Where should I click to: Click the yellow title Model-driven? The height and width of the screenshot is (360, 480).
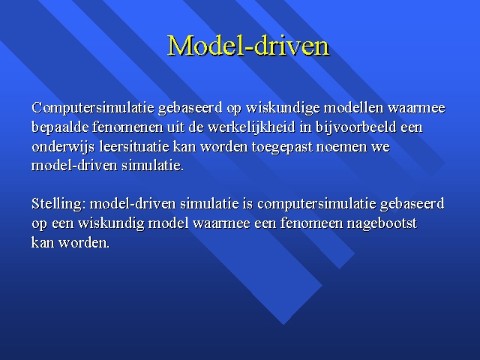(x=248, y=46)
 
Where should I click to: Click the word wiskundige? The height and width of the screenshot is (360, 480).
(x=283, y=108)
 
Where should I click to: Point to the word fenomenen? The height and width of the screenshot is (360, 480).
(x=127, y=127)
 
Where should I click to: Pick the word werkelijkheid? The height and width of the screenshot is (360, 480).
(x=251, y=127)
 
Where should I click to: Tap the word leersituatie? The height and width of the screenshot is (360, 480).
(x=134, y=146)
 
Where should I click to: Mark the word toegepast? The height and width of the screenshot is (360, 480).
(x=282, y=147)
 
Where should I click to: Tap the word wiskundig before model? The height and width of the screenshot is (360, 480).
(x=111, y=223)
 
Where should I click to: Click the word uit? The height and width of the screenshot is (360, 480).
(x=175, y=127)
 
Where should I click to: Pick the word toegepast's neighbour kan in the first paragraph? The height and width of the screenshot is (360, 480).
(x=184, y=146)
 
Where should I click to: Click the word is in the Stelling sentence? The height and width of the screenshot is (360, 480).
(x=247, y=204)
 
